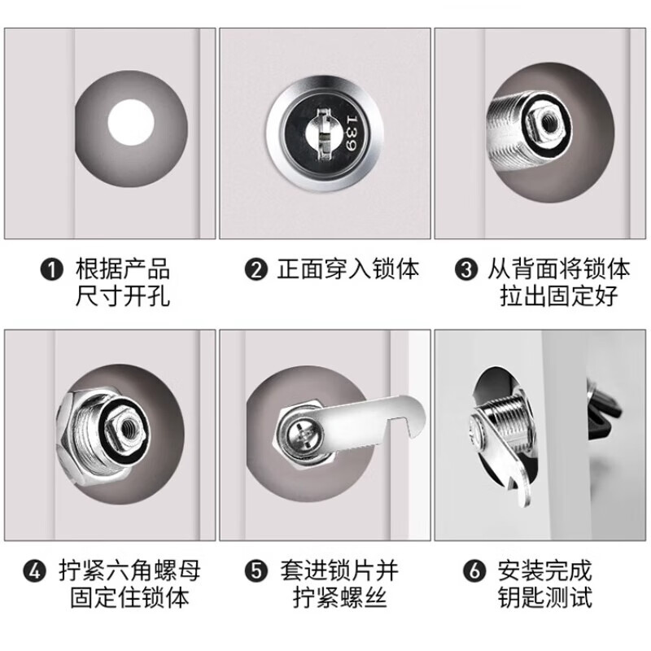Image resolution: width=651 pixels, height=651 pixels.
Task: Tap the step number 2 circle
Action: tap(257, 269)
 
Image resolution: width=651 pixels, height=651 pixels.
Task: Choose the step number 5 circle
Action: tap(257, 572)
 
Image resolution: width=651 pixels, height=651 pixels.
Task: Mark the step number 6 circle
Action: tap(473, 572)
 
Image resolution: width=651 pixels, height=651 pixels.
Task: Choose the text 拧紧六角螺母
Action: tap(130, 572)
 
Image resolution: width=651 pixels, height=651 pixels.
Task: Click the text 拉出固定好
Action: tap(558, 295)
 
